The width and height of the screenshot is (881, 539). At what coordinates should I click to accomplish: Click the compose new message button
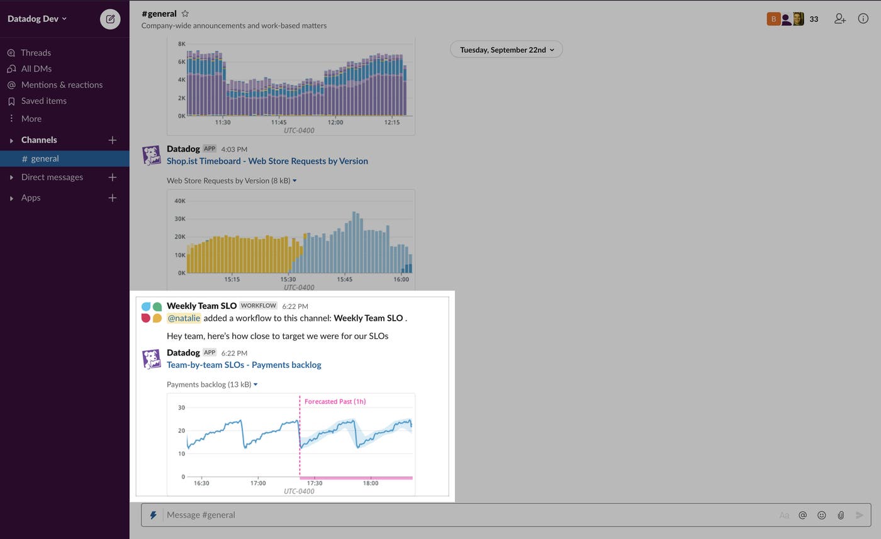click(x=110, y=19)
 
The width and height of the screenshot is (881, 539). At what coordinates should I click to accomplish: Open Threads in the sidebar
click(x=35, y=53)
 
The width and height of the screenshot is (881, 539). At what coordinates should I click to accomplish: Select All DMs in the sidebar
click(x=36, y=69)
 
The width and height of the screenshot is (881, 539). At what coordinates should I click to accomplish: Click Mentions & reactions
click(x=62, y=85)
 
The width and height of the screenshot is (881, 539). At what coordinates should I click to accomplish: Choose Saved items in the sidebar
click(x=43, y=101)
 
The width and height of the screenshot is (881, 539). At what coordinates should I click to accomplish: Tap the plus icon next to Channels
click(x=112, y=140)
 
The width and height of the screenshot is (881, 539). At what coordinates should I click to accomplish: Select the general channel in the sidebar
click(x=45, y=158)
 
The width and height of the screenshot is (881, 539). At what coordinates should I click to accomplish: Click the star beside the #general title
click(x=185, y=13)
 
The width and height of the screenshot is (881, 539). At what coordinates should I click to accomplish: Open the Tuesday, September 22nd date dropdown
click(x=507, y=50)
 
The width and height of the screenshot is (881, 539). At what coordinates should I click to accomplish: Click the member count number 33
click(x=814, y=19)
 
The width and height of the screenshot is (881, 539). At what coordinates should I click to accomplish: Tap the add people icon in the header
click(x=839, y=19)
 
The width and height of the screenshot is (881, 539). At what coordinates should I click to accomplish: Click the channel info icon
click(x=863, y=19)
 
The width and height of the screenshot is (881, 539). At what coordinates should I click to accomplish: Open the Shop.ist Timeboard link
click(x=267, y=161)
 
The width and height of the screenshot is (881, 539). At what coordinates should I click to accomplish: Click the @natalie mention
click(x=184, y=318)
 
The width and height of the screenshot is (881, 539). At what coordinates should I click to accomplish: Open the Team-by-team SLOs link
click(x=244, y=365)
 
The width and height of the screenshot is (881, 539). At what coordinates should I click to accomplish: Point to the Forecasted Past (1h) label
click(x=335, y=401)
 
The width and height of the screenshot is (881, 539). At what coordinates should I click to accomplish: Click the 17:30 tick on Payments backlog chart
click(x=314, y=483)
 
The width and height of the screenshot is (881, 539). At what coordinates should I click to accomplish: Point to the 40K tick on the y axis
click(x=179, y=201)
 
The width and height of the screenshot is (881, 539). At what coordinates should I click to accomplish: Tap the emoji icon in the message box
click(x=821, y=515)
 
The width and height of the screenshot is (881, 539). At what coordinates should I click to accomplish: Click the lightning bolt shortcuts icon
click(x=153, y=515)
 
